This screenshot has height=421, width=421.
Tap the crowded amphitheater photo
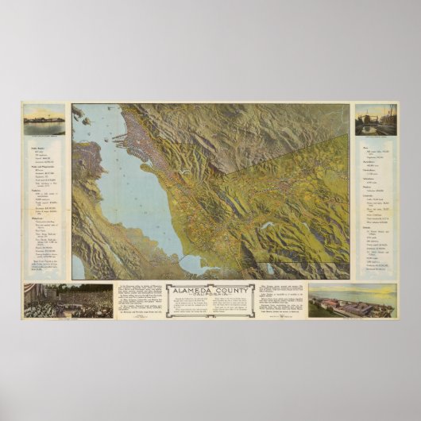click(x=68, y=301)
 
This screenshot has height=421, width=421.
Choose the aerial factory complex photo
click(x=352, y=302)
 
